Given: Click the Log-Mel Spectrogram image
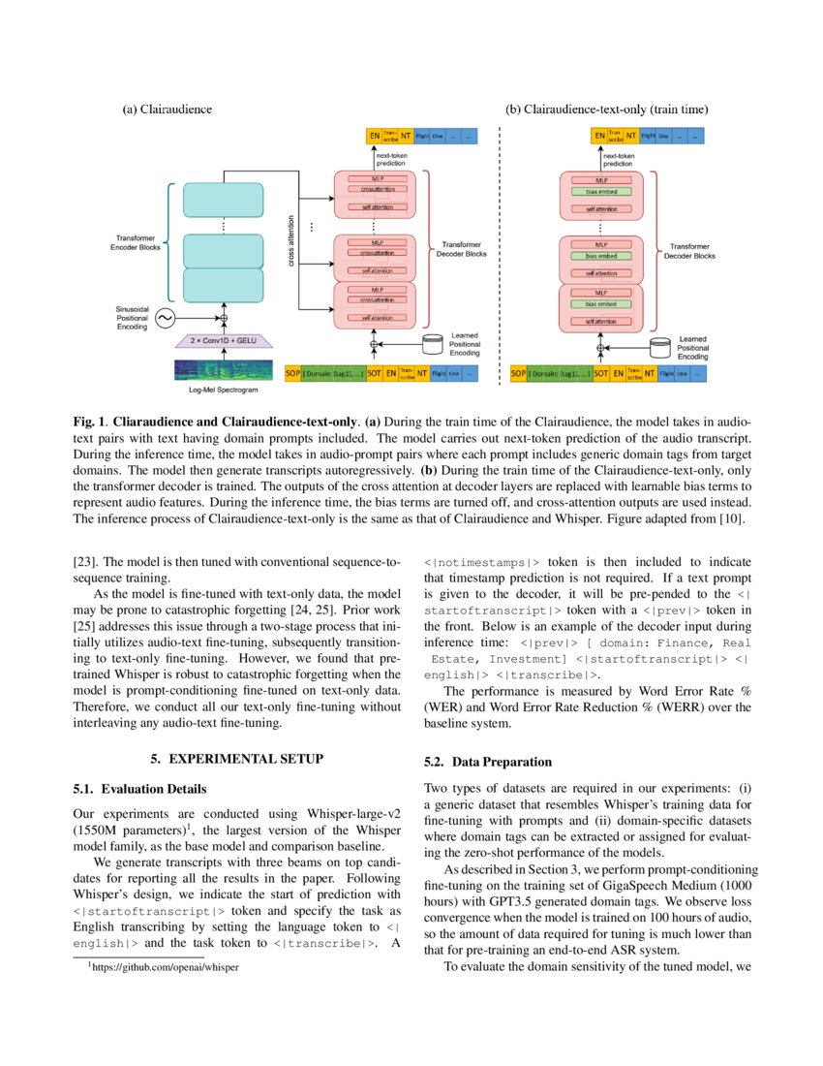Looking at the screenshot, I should click(x=222, y=370).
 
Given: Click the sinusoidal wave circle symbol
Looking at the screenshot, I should click(x=165, y=318).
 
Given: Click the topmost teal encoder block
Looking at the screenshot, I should click(x=223, y=200).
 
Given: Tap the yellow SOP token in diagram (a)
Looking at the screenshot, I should click(x=292, y=373).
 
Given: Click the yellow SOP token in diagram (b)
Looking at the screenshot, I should click(x=519, y=373).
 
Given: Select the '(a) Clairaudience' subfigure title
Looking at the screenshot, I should click(x=167, y=110).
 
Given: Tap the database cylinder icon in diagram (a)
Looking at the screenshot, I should click(x=435, y=344).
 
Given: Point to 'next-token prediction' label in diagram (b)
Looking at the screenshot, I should click(x=618, y=159).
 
